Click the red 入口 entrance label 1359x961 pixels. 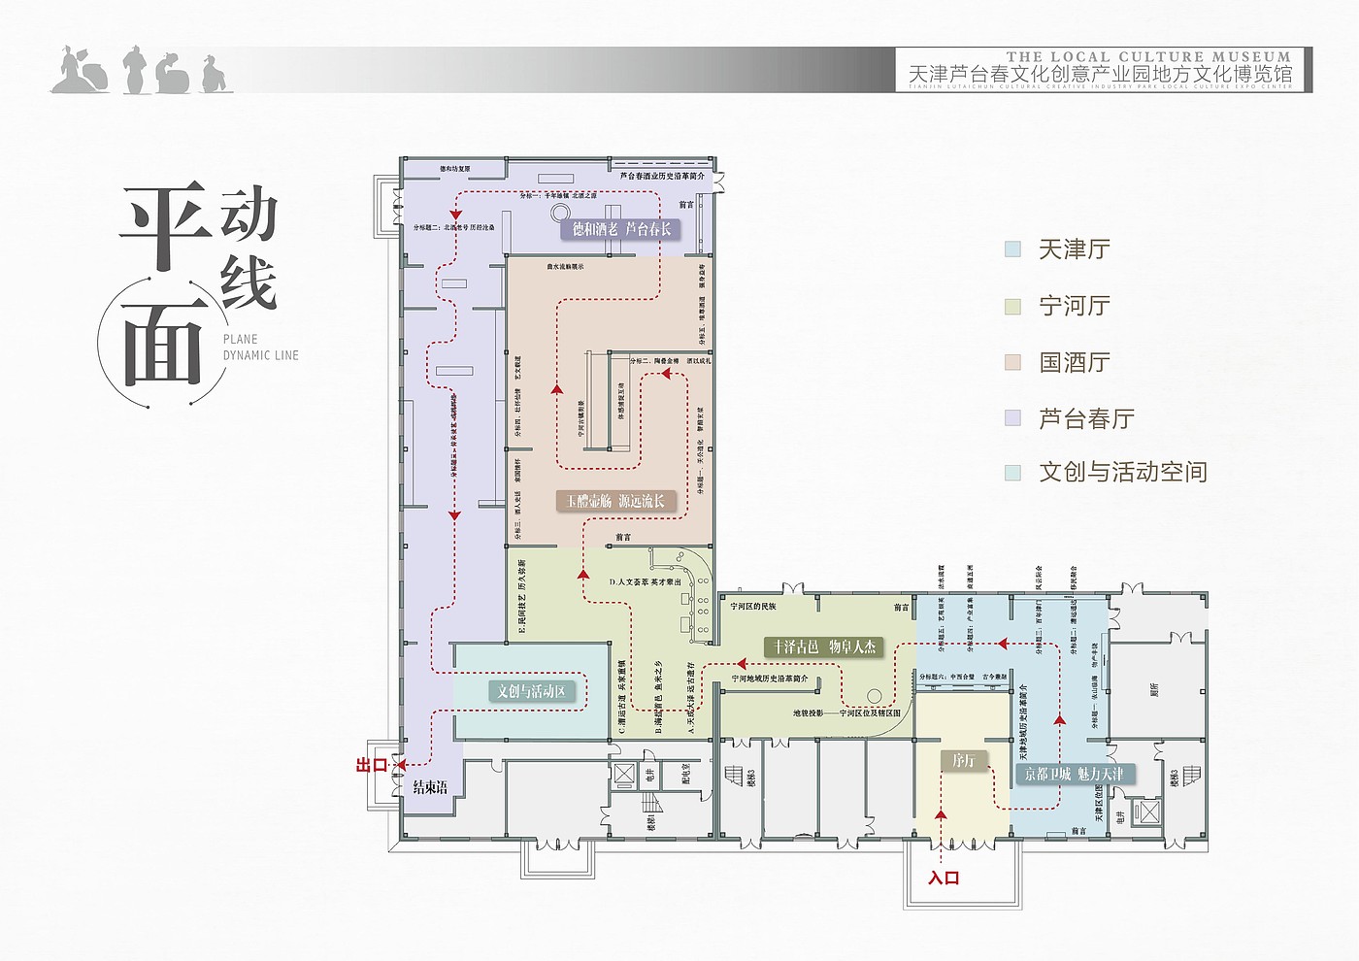click(943, 878)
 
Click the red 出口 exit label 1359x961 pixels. click(372, 765)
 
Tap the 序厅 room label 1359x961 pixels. click(963, 760)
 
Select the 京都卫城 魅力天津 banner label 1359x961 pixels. click(1074, 774)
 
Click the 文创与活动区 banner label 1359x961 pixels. click(530, 691)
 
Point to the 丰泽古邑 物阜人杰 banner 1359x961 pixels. click(824, 646)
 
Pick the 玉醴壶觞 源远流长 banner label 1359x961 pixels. click(615, 501)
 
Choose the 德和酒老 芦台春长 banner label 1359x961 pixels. click(621, 229)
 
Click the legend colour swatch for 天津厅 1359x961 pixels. click(1012, 249)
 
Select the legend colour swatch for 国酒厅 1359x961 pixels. click(1012, 362)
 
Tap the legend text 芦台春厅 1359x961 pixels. click(1086, 418)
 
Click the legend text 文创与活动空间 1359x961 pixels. click(1123, 473)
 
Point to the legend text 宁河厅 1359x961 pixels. click(1074, 306)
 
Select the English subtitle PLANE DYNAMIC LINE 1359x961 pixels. click(260, 348)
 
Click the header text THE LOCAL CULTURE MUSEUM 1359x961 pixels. click(1148, 56)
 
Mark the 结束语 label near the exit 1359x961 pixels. click(430, 787)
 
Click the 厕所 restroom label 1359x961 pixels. click(1154, 689)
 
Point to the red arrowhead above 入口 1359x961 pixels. click(940, 815)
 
